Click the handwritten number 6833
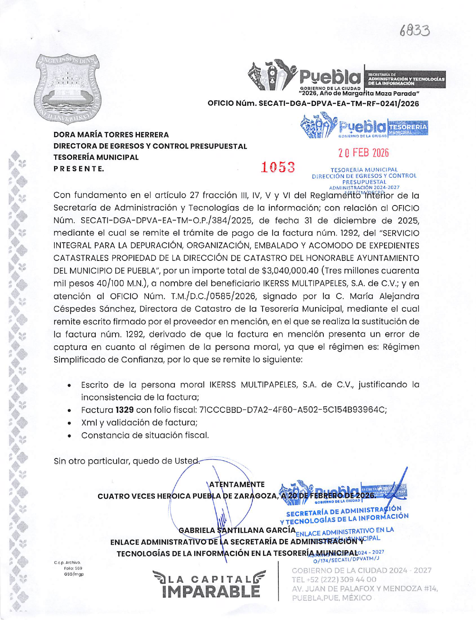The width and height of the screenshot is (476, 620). pos(414,30)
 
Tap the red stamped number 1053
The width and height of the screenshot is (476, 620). pos(278,167)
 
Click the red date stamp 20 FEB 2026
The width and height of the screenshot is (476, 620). pos(363,153)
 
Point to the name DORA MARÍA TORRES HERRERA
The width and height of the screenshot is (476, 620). pos(111,135)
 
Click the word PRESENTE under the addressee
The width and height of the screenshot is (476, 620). pos(78,169)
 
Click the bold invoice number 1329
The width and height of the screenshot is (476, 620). pos(125,410)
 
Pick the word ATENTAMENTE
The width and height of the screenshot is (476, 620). pos(237,484)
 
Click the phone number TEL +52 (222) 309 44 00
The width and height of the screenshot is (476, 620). pos(334,580)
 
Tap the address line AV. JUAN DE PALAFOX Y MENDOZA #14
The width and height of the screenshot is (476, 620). pos(365,589)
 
